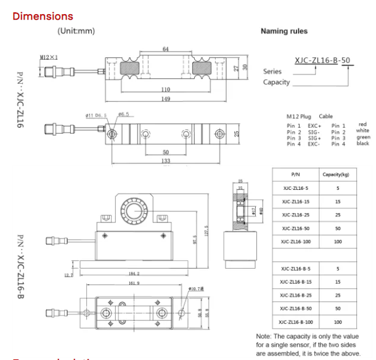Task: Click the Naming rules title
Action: (x=284, y=31)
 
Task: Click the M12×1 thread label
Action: (x=49, y=57)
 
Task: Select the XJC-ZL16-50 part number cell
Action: (x=296, y=228)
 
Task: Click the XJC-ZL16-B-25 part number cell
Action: (x=296, y=295)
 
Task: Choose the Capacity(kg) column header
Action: (x=338, y=174)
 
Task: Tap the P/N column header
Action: (x=296, y=174)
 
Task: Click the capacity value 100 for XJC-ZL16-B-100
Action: (x=338, y=322)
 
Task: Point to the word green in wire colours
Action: (x=363, y=137)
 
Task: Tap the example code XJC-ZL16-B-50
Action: (x=323, y=60)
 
